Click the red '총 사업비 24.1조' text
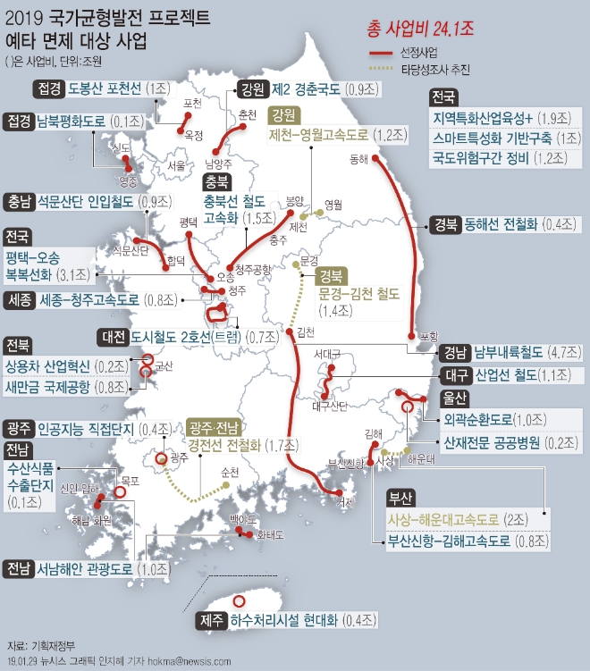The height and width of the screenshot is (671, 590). click(x=420, y=29)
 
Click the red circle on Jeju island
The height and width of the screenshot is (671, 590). click(x=239, y=601)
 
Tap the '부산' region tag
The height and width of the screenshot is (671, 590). click(x=400, y=499)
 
